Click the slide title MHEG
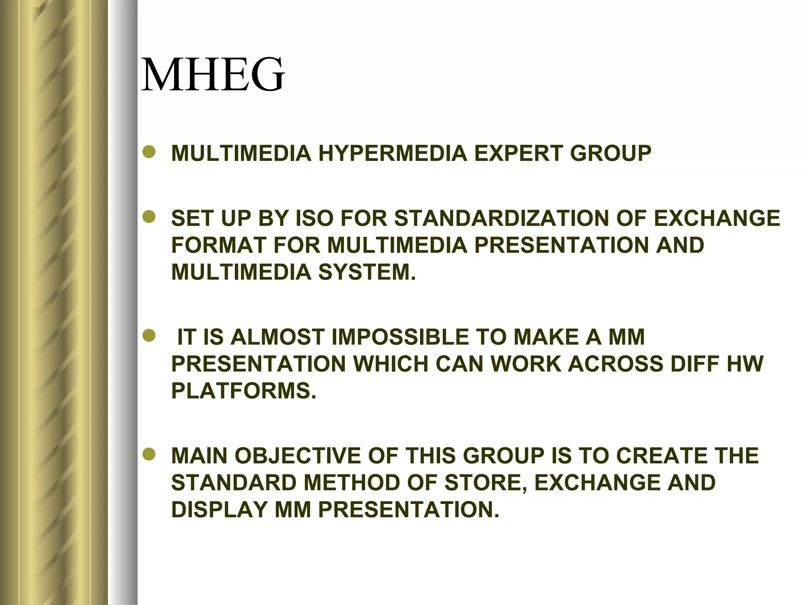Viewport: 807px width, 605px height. [213, 75]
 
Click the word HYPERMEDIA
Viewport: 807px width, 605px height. [392, 153]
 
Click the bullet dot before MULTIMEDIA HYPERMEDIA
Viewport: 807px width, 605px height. [149, 152]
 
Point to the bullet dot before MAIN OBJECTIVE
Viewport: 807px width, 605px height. [149, 455]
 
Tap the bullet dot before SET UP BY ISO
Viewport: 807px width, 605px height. [149, 217]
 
